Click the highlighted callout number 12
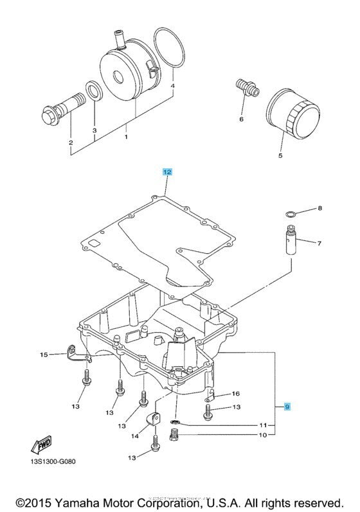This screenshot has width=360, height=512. (167, 172)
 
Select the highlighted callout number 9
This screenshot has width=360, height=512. (287, 407)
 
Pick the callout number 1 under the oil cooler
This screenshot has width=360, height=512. (127, 137)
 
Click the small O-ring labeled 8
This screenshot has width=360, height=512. (291, 213)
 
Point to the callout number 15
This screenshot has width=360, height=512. (43, 355)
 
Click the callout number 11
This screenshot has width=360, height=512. (262, 425)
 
